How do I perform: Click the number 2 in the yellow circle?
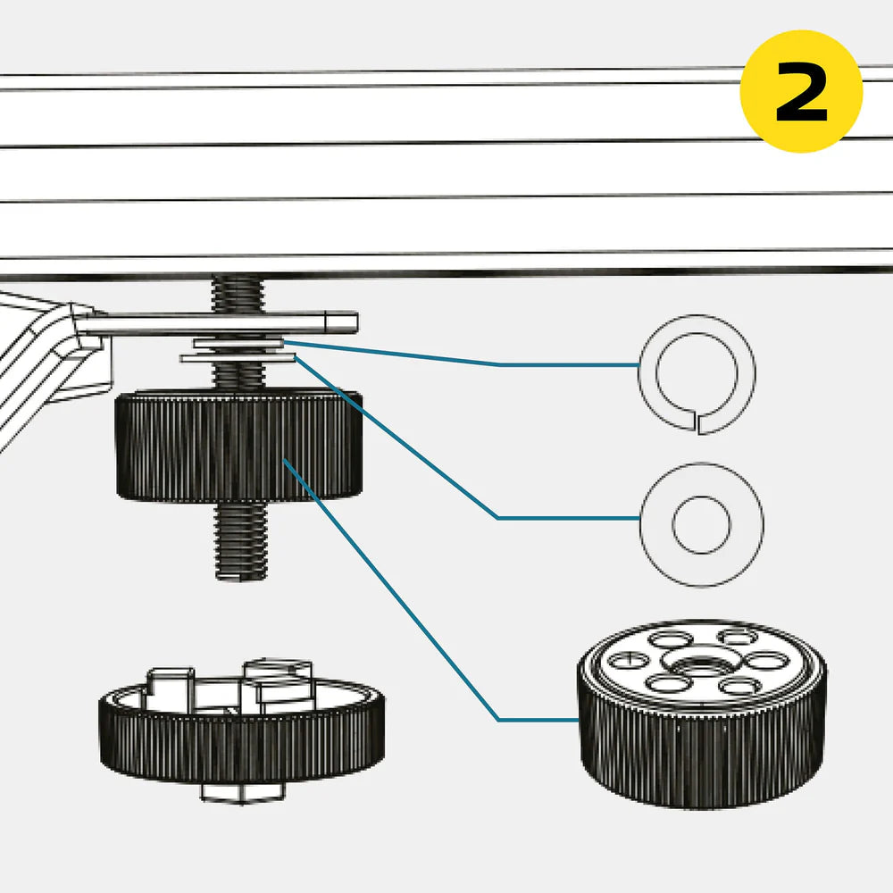pos(801,92)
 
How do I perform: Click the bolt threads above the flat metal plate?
pos(238,292)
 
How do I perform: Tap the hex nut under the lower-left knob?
pos(243,790)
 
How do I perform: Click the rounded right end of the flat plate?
pos(350,320)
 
